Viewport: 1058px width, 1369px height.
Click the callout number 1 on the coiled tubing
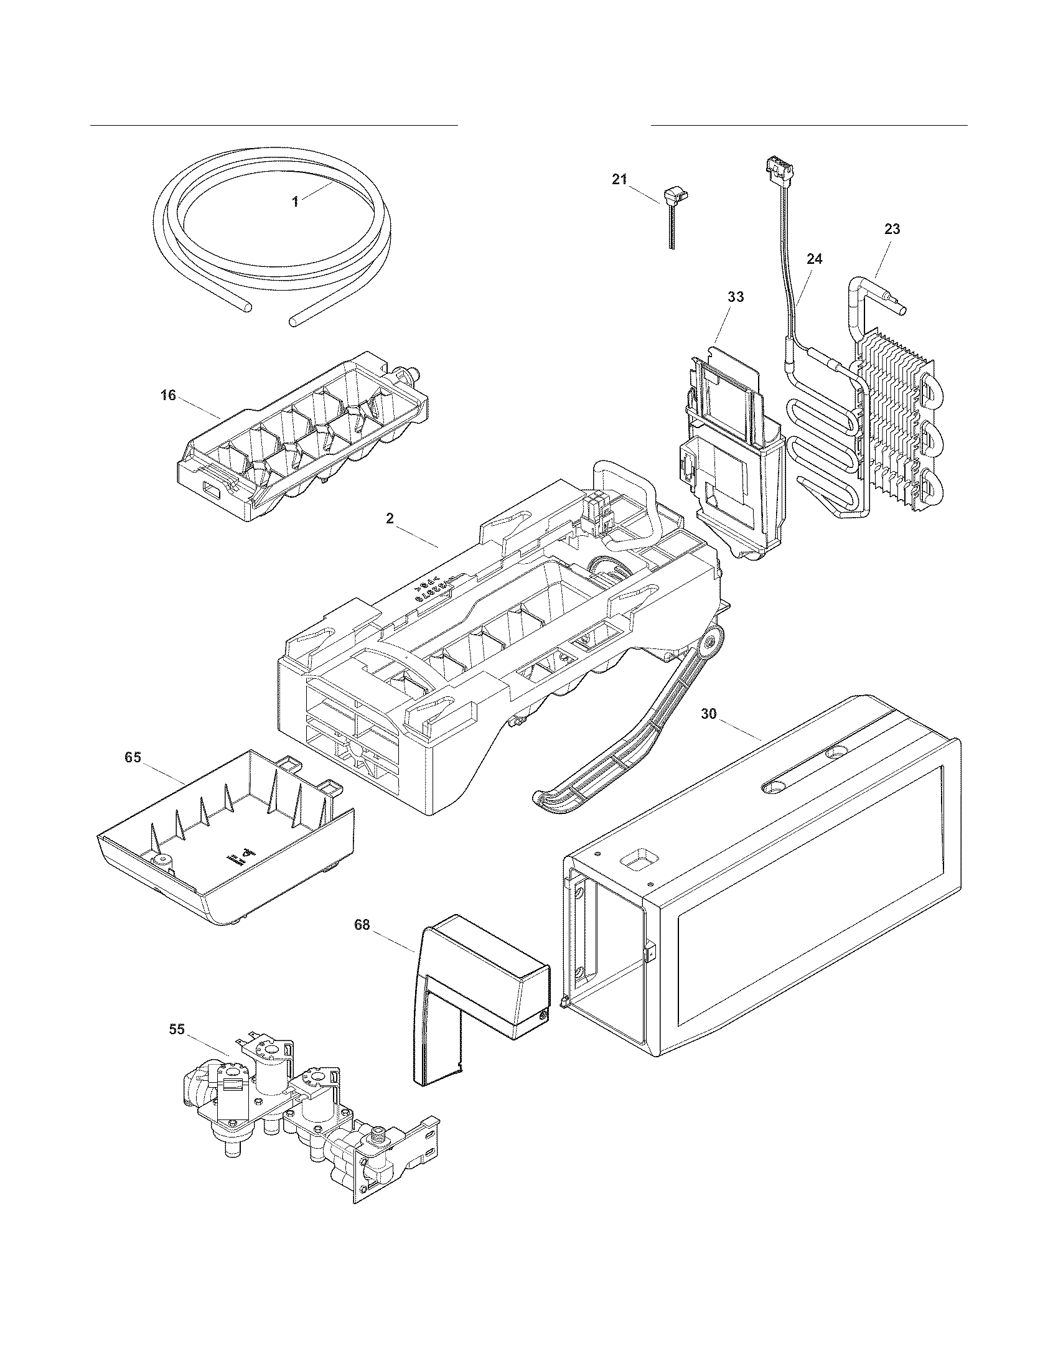[295, 201]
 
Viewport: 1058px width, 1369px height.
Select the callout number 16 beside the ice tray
[168, 396]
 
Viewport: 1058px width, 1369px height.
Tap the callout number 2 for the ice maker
[390, 519]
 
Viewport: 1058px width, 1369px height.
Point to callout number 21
[619, 179]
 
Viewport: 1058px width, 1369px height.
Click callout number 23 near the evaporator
[892, 230]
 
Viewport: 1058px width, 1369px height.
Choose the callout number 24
[814, 259]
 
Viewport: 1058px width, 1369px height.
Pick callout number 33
[735, 297]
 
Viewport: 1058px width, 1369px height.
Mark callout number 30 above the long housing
[709, 714]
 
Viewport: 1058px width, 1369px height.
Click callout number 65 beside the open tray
[133, 757]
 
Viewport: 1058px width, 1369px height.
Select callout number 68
[362, 925]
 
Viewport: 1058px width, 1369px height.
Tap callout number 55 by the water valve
[177, 1029]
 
